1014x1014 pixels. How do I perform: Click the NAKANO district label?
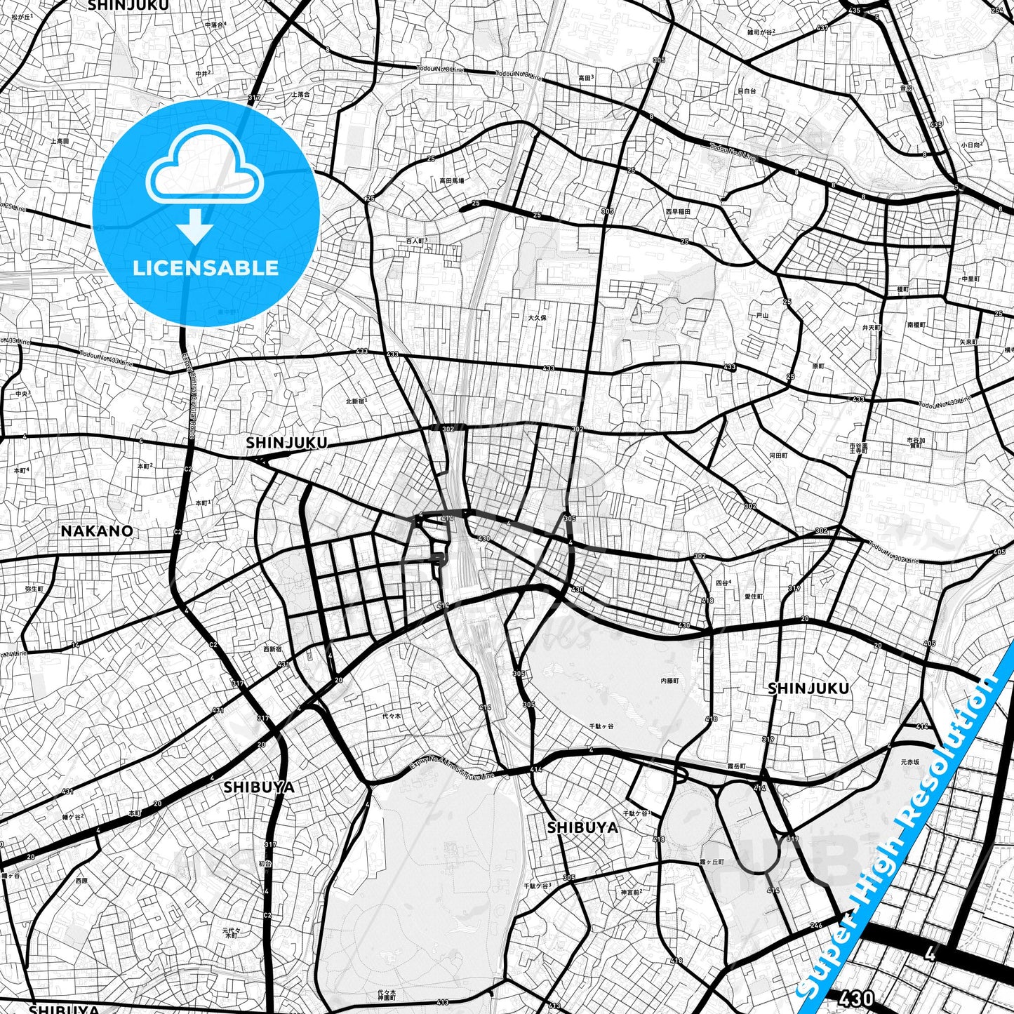pyautogui.click(x=97, y=531)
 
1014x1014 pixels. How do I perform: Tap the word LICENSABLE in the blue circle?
pyautogui.click(x=206, y=267)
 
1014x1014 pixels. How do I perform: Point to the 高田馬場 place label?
pyautogui.click(x=451, y=180)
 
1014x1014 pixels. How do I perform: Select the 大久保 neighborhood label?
pyautogui.click(x=537, y=318)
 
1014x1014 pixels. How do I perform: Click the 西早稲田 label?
pyautogui.click(x=678, y=211)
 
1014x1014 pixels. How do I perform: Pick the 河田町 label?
pyautogui.click(x=778, y=455)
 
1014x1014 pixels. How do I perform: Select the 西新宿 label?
pyautogui.click(x=272, y=649)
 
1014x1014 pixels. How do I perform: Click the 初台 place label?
pyautogui.click(x=264, y=864)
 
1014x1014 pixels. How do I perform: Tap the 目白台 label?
pyautogui.click(x=747, y=91)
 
